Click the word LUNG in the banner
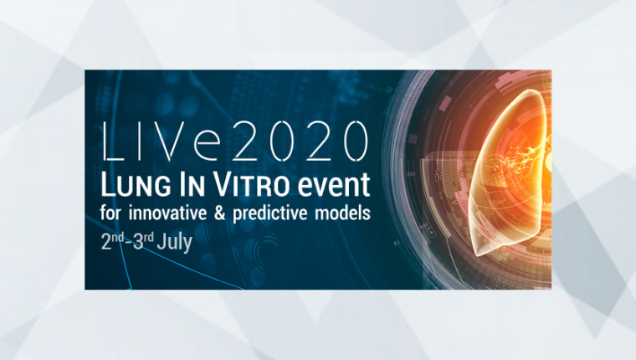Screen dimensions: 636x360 (x=136, y=185)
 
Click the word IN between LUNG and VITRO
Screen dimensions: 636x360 (x=192, y=185)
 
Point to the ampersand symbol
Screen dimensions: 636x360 (x=219, y=213)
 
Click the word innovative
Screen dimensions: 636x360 (x=167, y=213)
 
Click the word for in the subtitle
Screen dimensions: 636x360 (x=110, y=213)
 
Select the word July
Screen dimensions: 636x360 (x=174, y=243)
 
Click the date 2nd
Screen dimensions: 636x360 (x=112, y=241)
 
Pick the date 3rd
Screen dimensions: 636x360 (x=143, y=241)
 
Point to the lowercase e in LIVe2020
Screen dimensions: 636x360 (x=207, y=146)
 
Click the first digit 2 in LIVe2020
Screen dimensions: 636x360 (x=249, y=141)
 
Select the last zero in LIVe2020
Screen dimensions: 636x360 (x=356, y=141)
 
